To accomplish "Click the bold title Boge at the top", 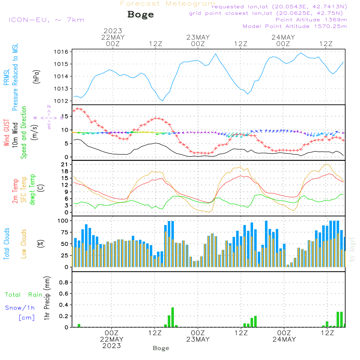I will pos(140,15).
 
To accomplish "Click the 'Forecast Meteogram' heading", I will pos(168,4).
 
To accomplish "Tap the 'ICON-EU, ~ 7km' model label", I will pos(46,20).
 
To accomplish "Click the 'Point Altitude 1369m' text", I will pos(311,20).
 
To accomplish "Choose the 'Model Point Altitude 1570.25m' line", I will pos(295,26).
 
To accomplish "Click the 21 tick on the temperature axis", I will pos(65,165).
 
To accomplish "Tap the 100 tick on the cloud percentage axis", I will pos(63,220).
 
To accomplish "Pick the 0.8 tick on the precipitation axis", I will pos(64,283).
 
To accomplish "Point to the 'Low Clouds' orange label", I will pos(24,244).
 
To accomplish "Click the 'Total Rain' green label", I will pos(23,294).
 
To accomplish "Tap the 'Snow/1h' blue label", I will pos(20,308).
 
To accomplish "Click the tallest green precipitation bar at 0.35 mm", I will pos(172,317).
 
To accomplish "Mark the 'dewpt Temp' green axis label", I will pos(32,190).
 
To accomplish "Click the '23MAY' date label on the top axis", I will pos(198,37).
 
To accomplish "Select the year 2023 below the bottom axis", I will pos(112,346).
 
